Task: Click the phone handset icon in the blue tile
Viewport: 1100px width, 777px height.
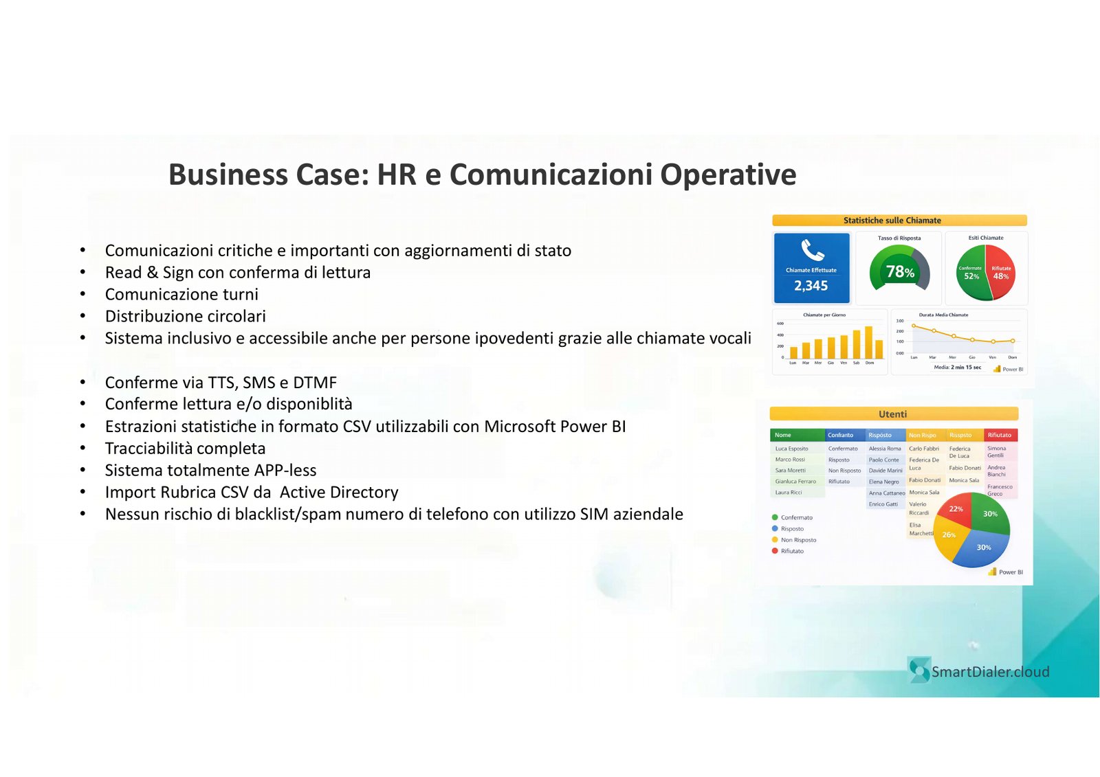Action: [812, 250]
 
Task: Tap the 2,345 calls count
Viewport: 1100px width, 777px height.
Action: [811, 286]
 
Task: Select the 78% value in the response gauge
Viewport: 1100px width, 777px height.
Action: [899, 272]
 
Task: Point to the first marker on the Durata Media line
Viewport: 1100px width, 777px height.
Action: [914, 326]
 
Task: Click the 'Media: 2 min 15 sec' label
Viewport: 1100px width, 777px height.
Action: [957, 368]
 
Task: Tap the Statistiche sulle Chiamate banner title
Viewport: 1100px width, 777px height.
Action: [892, 221]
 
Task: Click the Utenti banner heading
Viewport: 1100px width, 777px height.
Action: [892, 414]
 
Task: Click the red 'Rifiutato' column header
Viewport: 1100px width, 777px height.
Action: [1000, 435]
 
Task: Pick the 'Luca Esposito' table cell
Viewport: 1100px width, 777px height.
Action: [792, 449]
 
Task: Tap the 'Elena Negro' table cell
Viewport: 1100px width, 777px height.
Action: [883, 482]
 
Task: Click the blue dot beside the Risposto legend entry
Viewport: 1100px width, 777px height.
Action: [775, 529]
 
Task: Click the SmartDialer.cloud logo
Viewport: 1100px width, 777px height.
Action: [980, 671]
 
